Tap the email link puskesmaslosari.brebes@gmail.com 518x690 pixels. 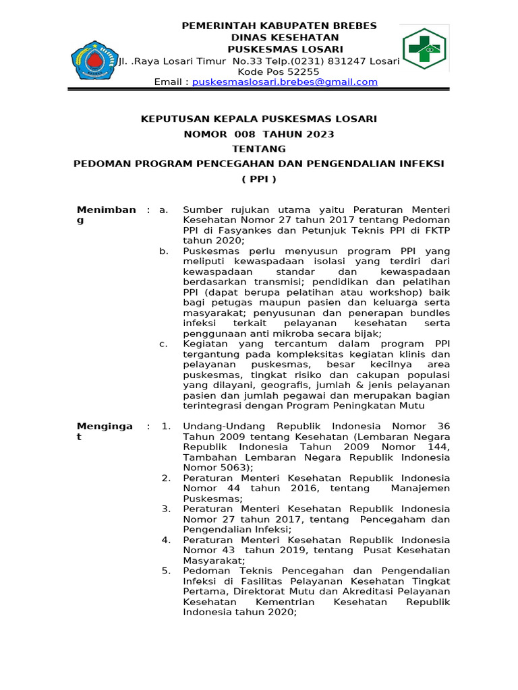[x=285, y=82]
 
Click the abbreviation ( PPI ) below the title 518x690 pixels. [x=259, y=179]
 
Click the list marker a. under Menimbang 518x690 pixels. [x=163, y=210]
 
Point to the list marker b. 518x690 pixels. [x=163, y=251]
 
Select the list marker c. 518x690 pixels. [x=163, y=344]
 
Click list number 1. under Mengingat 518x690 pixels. [x=166, y=427]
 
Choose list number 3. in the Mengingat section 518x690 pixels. [x=166, y=509]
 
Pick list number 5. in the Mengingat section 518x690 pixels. [x=166, y=571]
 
